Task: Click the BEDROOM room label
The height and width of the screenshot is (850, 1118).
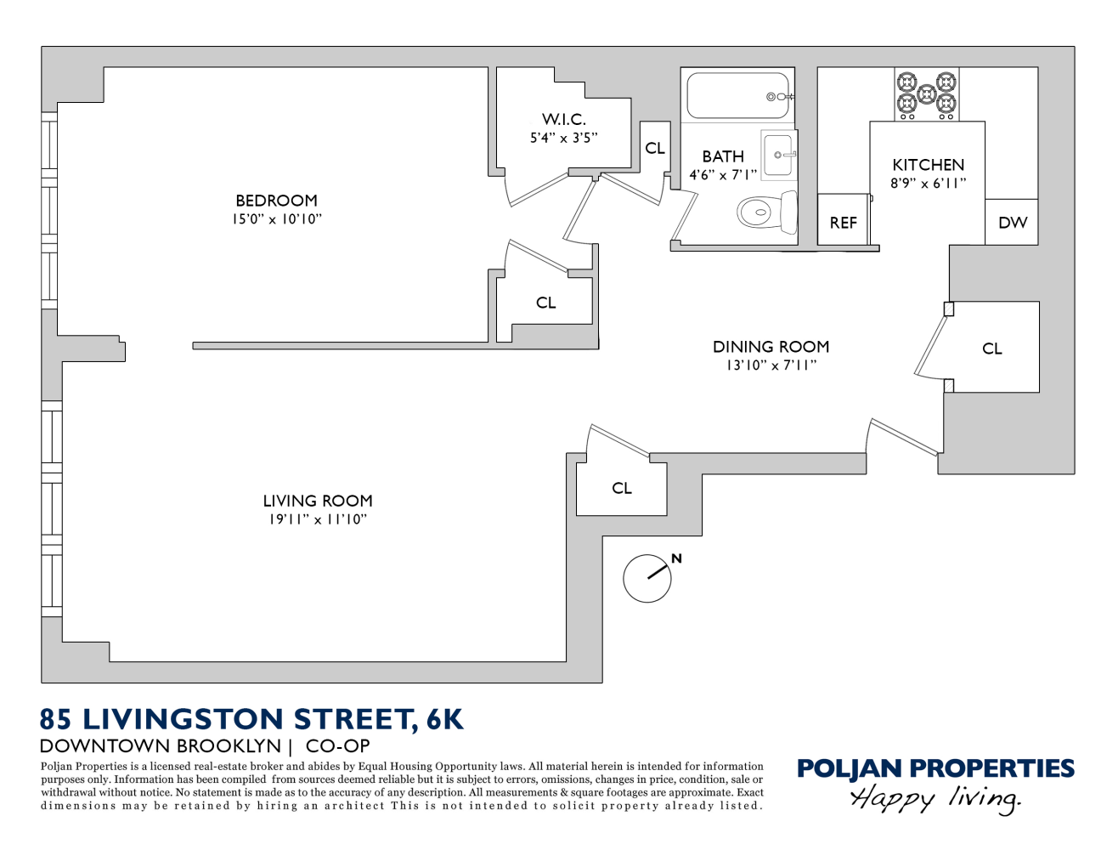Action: (276, 201)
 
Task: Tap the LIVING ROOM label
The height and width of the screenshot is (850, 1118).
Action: (317, 501)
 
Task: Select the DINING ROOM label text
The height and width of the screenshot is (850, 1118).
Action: (771, 347)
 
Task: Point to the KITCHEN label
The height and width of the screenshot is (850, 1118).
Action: (928, 165)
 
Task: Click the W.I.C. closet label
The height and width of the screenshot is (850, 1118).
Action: (564, 120)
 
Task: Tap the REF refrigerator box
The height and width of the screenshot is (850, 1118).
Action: (843, 221)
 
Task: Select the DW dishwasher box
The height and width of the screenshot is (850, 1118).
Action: (1012, 223)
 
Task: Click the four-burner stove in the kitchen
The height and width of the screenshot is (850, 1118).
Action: (926, 93)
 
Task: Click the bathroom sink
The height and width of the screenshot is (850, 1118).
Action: (778, 155)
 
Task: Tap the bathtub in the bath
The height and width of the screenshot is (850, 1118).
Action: (737, 96)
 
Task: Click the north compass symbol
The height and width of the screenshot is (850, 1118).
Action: (648, 578)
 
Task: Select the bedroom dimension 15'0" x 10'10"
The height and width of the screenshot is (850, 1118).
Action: (276, 219)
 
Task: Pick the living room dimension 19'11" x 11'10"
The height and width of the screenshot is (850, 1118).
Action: (317, 519)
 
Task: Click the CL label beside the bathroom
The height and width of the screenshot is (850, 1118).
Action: (655, 148)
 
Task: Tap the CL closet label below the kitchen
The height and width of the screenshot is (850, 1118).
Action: (991, 348)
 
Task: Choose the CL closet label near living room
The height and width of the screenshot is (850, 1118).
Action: (622, 488)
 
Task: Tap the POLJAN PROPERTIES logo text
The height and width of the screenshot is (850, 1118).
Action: (934, 768)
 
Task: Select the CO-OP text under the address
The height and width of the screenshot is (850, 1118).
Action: (337, 746)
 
